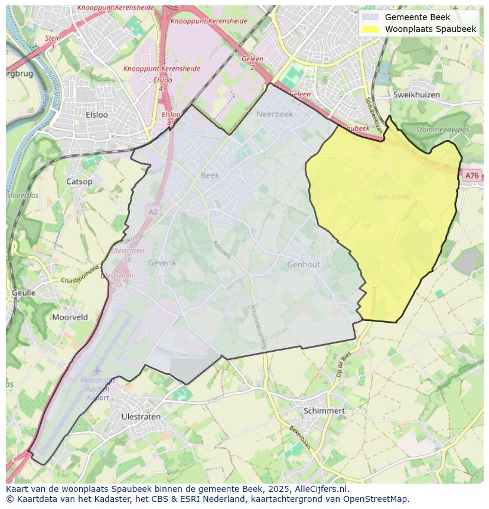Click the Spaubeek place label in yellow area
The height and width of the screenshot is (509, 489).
click(391, 196)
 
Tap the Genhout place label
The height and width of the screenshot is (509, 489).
click(304, 265)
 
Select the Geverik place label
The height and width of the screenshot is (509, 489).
click(162, 262)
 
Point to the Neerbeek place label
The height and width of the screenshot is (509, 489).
click(275, 115)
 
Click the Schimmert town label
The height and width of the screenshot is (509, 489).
click(324, 410)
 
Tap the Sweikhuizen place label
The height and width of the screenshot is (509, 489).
click(416, 95)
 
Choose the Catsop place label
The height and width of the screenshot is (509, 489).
click(79, 181)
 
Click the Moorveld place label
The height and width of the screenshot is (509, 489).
click(70, 317)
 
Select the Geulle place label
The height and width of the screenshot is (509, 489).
click(24, 293)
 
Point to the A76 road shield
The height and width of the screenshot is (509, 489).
click(471, 176)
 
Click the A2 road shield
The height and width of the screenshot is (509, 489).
click(153, 211)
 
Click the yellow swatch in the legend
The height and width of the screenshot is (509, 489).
click(370, 29)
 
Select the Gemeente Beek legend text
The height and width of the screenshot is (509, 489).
click(417, 17)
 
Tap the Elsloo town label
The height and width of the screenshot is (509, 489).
click(97, 115)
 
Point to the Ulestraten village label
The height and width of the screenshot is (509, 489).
click(141, 416)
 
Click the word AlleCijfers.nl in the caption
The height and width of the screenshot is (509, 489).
click(321, 489)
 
